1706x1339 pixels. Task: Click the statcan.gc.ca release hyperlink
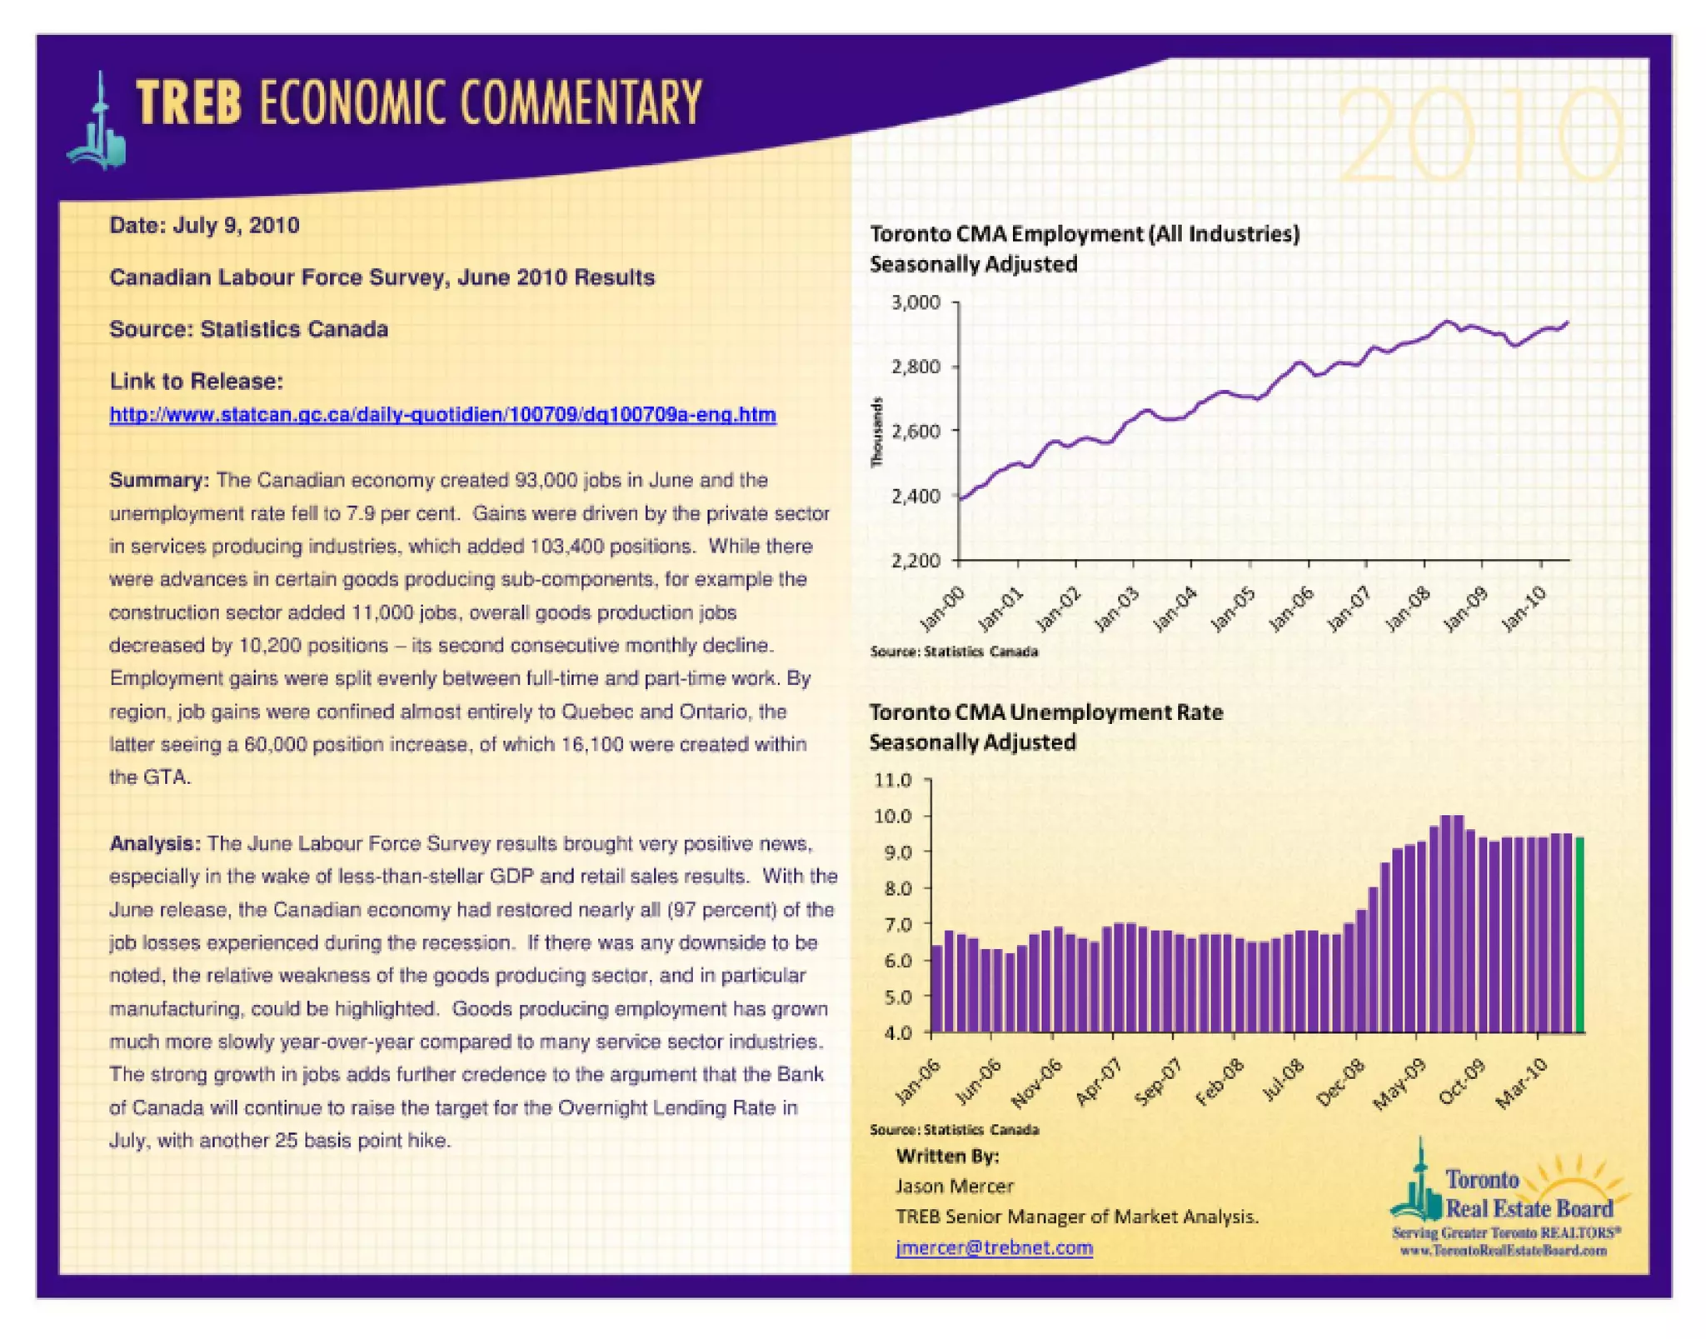click(x=442, y=415)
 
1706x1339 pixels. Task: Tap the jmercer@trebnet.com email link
click(x=994, y=1247)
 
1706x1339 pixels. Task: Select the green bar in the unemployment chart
click(x=1579, y=934)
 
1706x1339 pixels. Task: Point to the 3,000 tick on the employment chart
click(x=916, y=302)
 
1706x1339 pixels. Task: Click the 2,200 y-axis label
click(x=916, y=561)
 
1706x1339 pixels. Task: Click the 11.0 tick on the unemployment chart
click(x=893, y=780)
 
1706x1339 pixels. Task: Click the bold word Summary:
click(x=159, y=480)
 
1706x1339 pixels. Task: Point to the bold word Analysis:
click(x=155, y=843)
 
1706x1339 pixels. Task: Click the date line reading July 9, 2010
click(x=205, y=226)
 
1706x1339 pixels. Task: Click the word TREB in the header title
click(x=189, y=103)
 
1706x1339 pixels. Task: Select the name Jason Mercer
click(x=955, y=1186)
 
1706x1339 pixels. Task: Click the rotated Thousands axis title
click(x=876, y=432)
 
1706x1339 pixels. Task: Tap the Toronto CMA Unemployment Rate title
click(x=1045, y=712)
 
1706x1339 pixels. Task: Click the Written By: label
click(x=947, y=1156)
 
